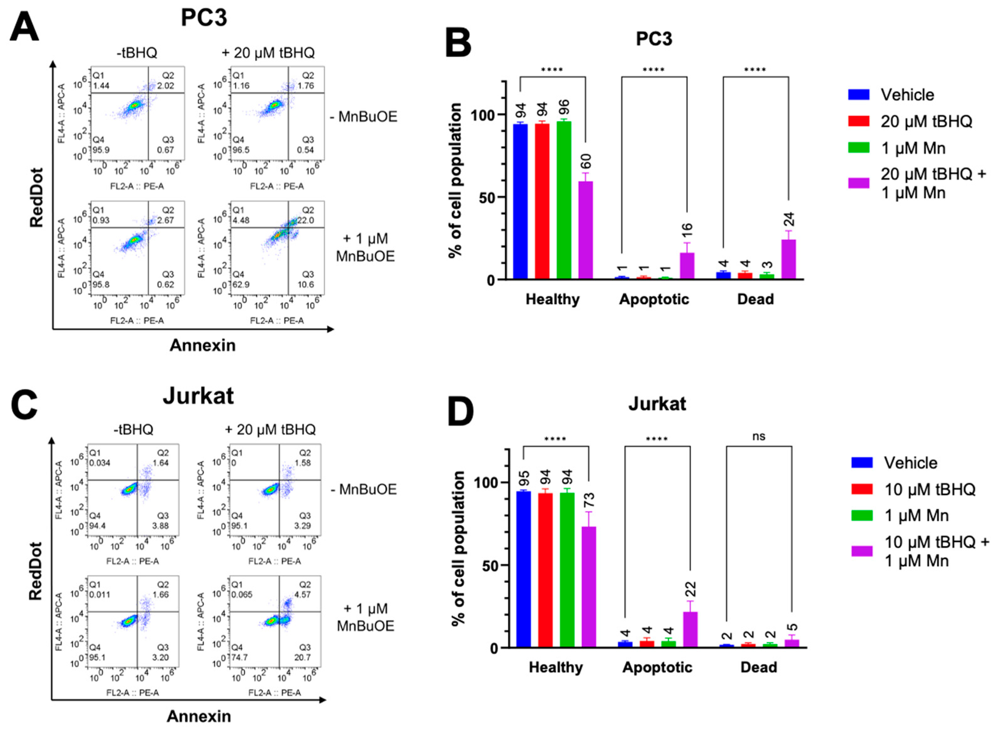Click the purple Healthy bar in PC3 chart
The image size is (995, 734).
click(585, 230)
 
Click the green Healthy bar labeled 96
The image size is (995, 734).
click(564, 200)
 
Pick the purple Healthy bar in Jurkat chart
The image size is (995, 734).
click(589, 586)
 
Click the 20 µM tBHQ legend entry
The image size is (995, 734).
click(926, 121)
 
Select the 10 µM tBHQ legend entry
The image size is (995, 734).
click(929, 489)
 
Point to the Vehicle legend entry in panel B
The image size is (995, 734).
click(907, 95)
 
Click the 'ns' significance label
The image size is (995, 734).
click(758, 436)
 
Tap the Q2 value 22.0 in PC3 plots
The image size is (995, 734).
click(306, 220)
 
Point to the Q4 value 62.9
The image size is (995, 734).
click(241, 284)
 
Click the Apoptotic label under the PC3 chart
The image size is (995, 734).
click(654, 299)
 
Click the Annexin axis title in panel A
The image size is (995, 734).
click(203, 345)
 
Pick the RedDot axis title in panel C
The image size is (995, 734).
click(36, 571)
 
